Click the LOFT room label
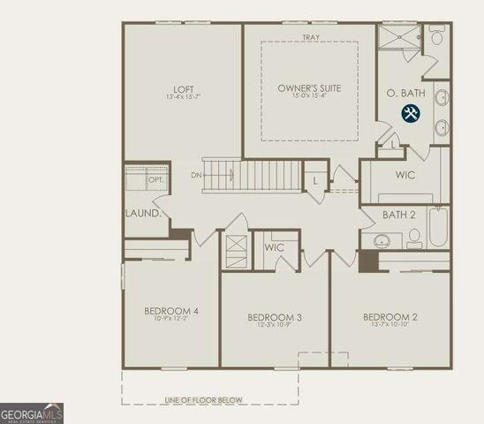point(183,88)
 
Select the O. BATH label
point(407,94)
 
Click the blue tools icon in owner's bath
point(411,113)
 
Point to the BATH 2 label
point(399,215)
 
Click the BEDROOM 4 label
point(171,311)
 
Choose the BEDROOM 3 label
point(275,317)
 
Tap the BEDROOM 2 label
point(390,317)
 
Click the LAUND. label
point(143,214)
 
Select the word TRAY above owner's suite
point(310,37)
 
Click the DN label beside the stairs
point(195,175)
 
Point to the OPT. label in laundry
point(155,180)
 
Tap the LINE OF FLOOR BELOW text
point(203,400)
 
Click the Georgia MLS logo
point(32,413)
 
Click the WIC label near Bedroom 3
point(275,247)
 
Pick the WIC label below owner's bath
point(405,175)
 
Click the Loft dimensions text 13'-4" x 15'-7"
point(183,97)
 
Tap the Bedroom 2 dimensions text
point(390,326)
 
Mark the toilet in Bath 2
point(412,237)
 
